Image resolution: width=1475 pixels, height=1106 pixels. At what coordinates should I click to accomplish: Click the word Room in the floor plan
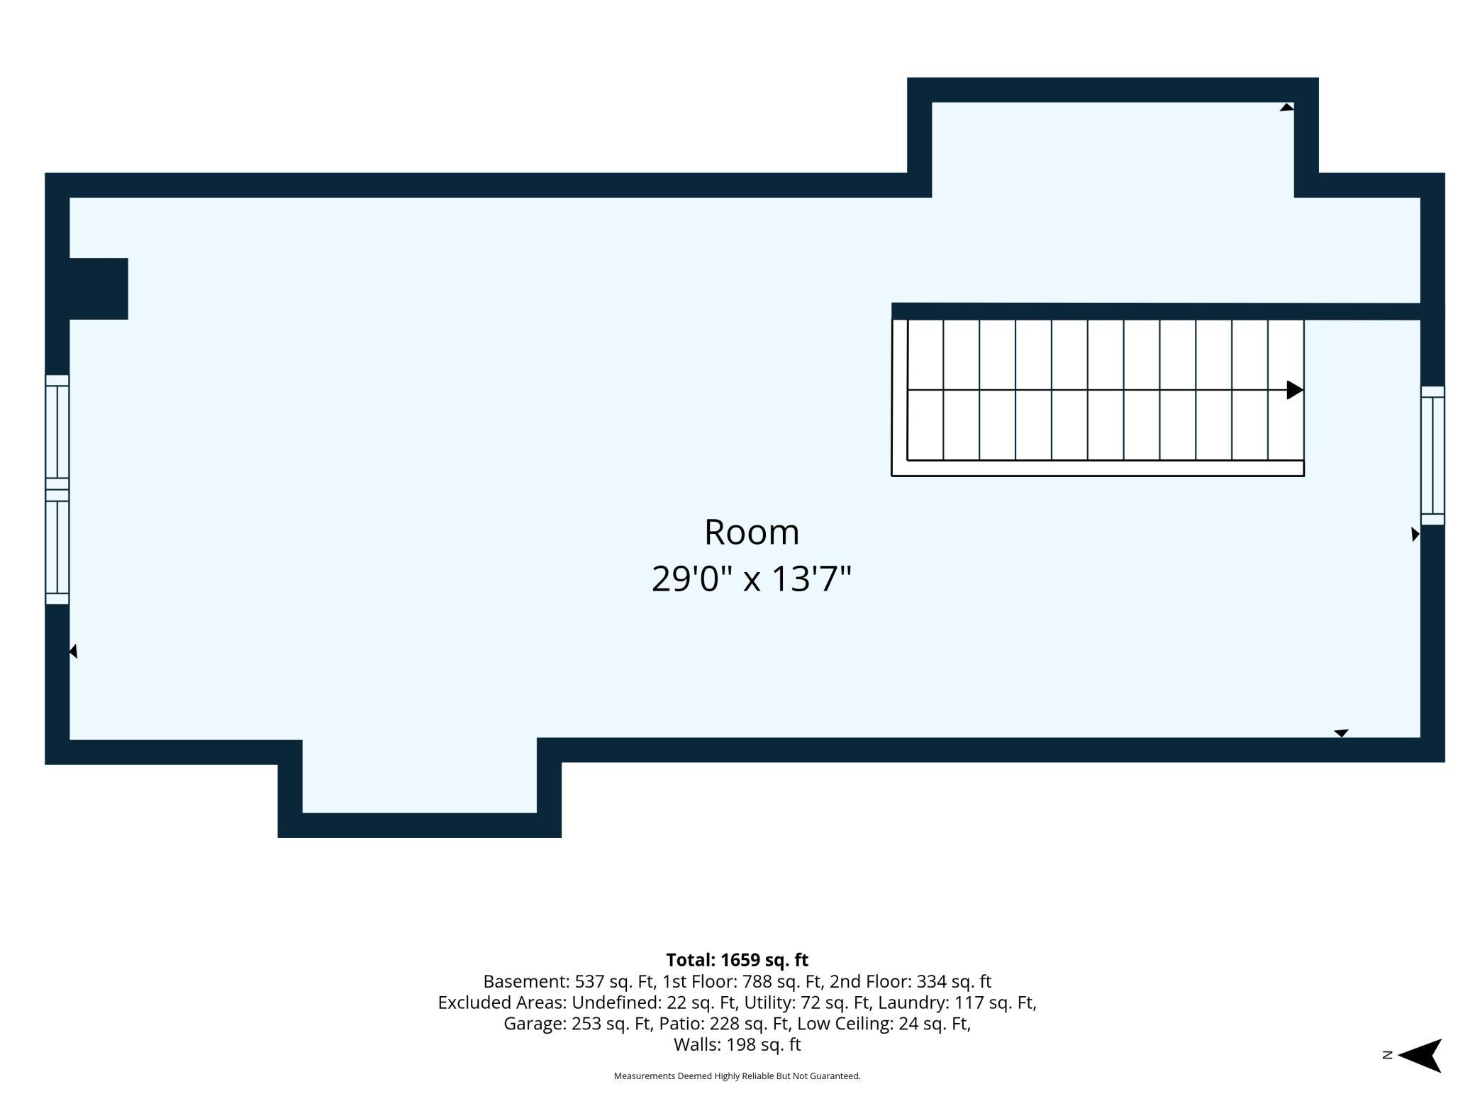752,532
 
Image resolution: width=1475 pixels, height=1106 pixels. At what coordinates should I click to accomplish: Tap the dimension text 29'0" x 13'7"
751,579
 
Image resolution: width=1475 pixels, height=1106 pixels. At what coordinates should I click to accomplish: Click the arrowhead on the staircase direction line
1295,390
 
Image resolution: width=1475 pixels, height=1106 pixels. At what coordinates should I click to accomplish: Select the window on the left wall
57,490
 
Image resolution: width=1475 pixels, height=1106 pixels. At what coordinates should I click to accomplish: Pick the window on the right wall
1432,456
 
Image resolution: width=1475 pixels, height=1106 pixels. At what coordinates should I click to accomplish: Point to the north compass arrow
1420,1056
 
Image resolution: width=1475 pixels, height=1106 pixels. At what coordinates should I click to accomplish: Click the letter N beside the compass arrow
1388,1056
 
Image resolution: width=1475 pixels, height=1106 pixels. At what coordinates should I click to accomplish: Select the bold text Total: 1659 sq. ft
737,960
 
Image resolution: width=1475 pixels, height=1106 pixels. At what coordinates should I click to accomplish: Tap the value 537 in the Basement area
589,981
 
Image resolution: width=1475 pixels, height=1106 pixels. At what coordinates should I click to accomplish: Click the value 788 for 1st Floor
757,981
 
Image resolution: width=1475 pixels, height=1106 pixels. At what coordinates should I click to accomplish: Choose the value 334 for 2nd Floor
931,981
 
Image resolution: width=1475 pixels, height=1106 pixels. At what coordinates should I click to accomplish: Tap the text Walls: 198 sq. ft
737,1044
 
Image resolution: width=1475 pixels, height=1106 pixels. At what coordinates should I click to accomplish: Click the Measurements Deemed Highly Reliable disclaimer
737,1076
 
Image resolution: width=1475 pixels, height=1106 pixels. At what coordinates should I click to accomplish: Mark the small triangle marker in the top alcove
1286,107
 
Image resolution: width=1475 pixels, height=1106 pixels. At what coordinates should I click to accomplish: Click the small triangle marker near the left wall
73,651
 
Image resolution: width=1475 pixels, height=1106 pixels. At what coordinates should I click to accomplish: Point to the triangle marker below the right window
1415,535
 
